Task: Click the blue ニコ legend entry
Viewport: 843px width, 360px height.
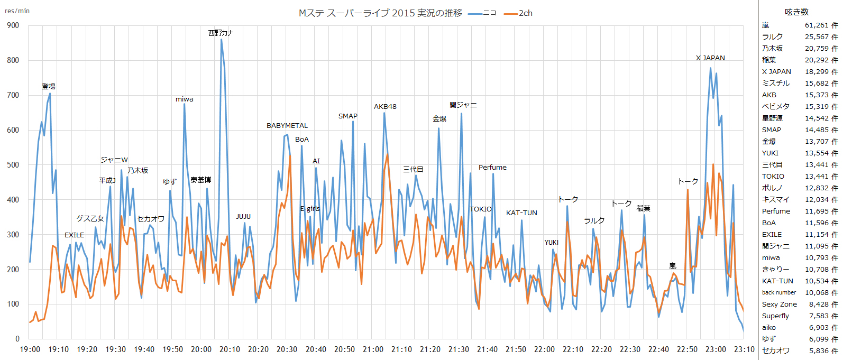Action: pyautogui.click(x=482, y=13)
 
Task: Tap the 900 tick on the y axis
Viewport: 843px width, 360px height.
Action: pyautogui.click(x=13, y=25)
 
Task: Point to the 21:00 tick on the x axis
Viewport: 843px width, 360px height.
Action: pyautogui.click(x=373, y=349)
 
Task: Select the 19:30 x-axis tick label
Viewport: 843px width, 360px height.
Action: pyautogui.click(x=115, y=349)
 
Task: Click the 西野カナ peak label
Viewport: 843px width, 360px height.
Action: pyautogui.click(x=220, y=33)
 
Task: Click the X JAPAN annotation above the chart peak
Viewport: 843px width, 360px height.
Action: pyautogui.click(x=710, y=58)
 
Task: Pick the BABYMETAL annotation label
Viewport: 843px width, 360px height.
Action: pyautogui.click(x=287, y=126)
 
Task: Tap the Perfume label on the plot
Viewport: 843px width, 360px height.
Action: pyautogui.click(x=492, y=168)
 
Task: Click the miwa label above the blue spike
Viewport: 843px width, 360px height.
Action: pyautogui.click(x=185, y=99)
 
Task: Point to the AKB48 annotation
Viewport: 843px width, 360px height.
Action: pyautogui.click(x=385, y=107)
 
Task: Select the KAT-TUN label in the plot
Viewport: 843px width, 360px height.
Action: pyautogui.click(x=521, y=213)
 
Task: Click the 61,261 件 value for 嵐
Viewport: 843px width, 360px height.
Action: pyautogui.click(x=821, y=25)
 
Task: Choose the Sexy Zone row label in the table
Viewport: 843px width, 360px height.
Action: pyautogui.click(x=779, y=304)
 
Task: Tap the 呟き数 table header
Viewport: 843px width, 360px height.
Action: pyautogui.click(x=796, y=12)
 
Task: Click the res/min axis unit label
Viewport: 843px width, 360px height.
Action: pyautogui.click(x=17, y=11)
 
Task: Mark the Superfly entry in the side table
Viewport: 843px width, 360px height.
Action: pyautogui.click(x=775, y=316)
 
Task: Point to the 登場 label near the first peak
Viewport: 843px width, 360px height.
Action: pyautogui.click(x=49, y=87)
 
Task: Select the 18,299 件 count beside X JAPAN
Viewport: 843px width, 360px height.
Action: pyautogui.click(x=821, y=72)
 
